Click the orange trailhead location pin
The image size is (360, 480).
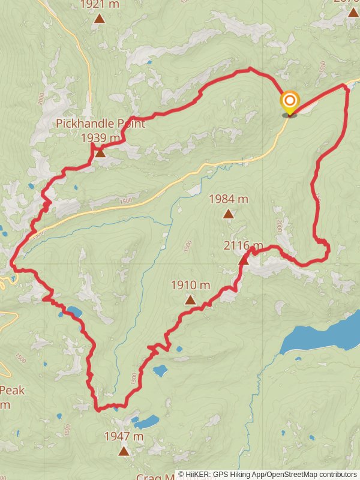click(x=289, y=102)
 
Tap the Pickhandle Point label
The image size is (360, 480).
click(x=100, y=124)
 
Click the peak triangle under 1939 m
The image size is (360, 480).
click(x=100, y=153)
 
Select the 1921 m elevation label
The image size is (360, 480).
click(x=100, y=4)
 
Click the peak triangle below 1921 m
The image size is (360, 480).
click(x=100, y=18)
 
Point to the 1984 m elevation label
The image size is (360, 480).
click(x=228, y=199)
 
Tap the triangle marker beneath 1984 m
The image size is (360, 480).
click(x=228, y=214)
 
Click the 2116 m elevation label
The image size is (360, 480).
click(x=243, y=245)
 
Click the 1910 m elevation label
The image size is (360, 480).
click(x=190, y=285)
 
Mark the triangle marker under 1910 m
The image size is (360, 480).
click(x=190, y=299)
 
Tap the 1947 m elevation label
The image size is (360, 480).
click(x=124, y=436)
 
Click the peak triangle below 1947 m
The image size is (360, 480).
click(x=124, y=451)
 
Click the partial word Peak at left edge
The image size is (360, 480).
click(x=12, y=391)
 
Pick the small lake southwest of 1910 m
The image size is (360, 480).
click(x=160, y=370)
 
